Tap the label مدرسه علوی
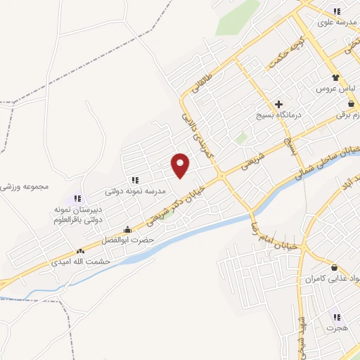(334, 22)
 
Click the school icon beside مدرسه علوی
(337, 11)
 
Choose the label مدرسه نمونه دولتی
(135, 191)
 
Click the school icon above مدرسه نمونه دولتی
(134, 179)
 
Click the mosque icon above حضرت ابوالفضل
(127, 230)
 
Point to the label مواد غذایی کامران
(335, 279)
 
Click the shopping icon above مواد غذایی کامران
(333, 268)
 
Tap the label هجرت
(337, 328)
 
